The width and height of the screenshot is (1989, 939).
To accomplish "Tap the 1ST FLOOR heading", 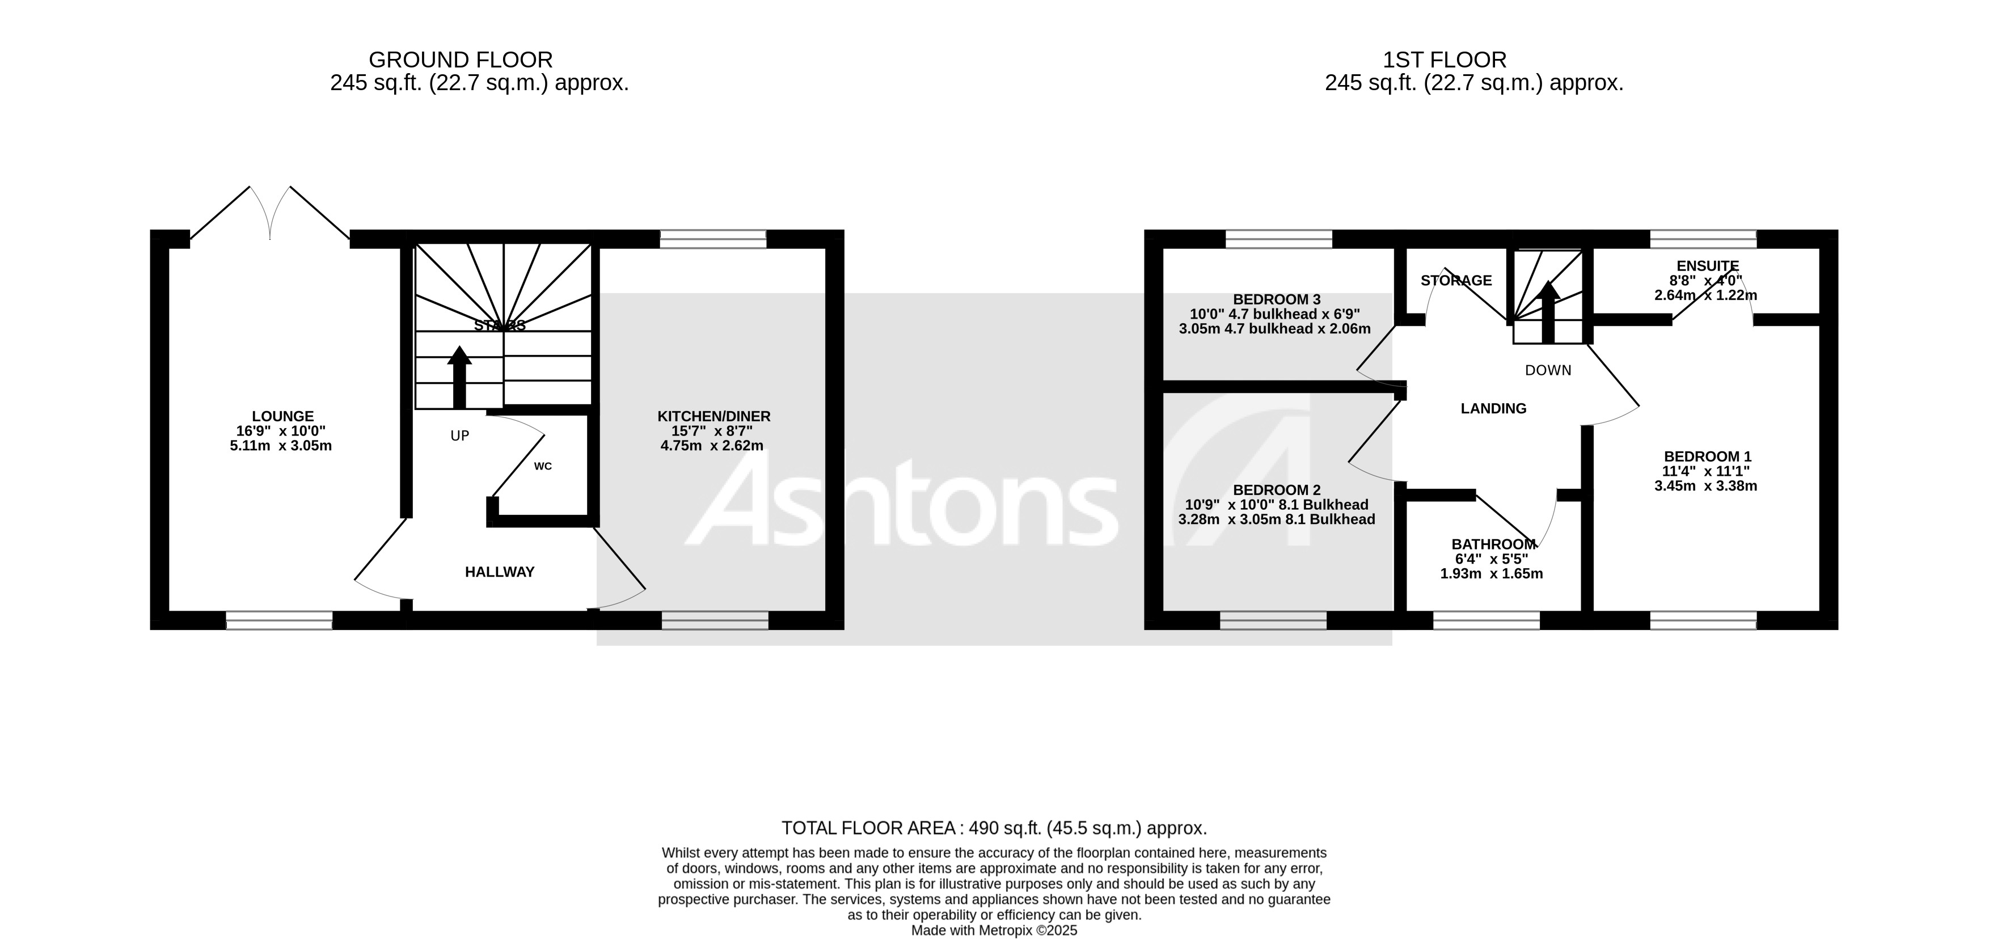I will (x=1444, y=60).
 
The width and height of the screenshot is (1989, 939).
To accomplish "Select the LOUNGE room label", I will (x=282, y=416).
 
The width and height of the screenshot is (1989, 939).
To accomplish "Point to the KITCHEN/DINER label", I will (x=713, y=416).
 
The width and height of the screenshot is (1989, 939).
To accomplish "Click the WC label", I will (x=543, y=467).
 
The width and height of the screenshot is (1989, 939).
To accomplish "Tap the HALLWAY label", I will (x=500, y=572).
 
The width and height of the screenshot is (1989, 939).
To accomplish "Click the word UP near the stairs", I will (x=459, y=436).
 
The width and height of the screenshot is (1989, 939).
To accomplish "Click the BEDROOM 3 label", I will (x=1276, y=299).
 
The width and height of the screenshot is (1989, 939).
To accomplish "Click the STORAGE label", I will (x=1456, y=280).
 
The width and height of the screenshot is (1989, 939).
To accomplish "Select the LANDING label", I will (x=1493, y=408).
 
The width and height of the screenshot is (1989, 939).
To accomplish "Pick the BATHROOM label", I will (x=1493, y=544).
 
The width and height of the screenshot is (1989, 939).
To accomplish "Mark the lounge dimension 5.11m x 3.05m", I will (x=281, y=446).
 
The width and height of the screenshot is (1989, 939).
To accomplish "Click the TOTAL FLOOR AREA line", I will (x=994, y=828).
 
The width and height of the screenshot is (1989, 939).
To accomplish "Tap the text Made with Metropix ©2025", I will (x=994, y=930).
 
